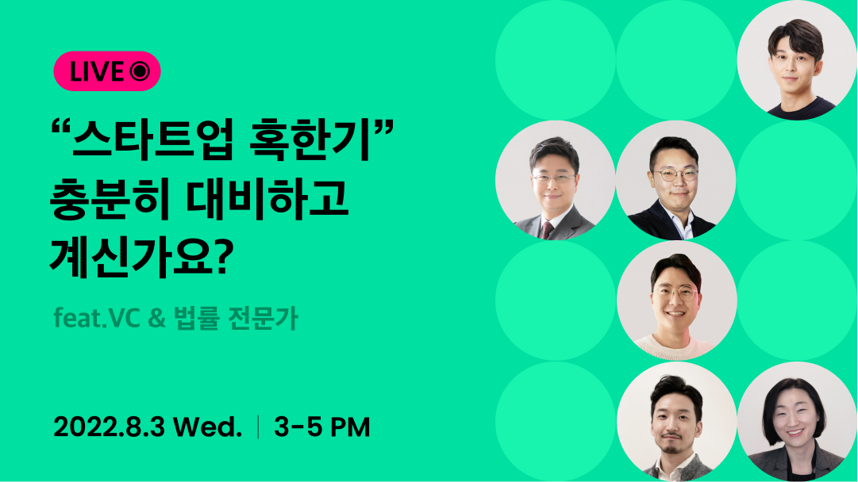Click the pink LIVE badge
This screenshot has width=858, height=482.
coord(107,71)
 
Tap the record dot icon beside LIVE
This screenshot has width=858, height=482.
coord(140,71)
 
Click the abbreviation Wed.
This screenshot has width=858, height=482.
coord(208,428)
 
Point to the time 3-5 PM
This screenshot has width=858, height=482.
coord(322,428)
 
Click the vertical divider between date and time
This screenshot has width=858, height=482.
coord(258,428)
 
